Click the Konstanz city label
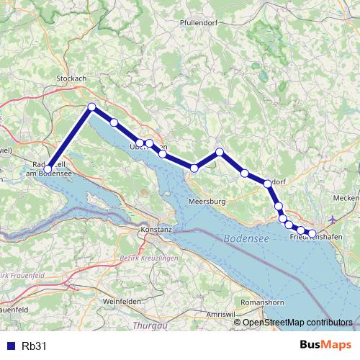[x=156, y=229]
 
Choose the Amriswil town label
[x=220, y=316]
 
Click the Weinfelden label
[x=121, y=301]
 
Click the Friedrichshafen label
[x=315, y=238]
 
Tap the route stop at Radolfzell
[x=48, y=170]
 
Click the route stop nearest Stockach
[x=91, y=107]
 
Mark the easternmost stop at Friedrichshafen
[x=312, y=233]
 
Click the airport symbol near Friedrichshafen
[x=331, y=219]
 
